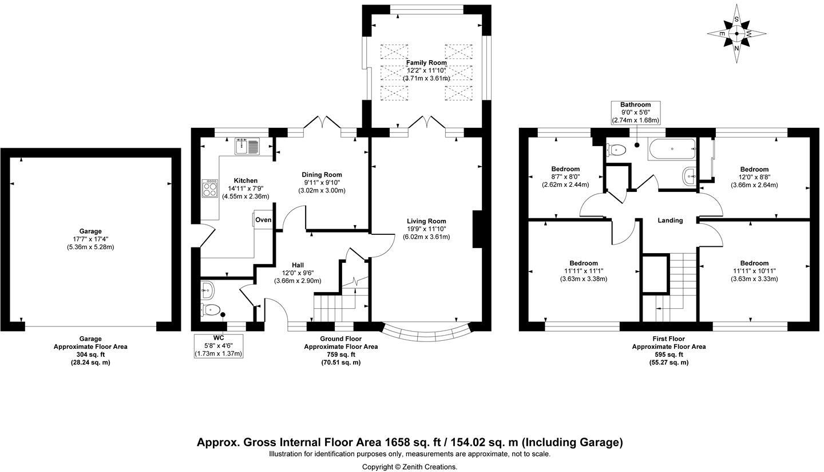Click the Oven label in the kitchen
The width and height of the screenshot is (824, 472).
pos(263,220)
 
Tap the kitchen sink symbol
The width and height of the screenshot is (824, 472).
pos(247,146)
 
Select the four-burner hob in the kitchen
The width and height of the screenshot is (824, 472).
pos(209,188)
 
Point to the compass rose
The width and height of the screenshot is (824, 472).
pos(736,33)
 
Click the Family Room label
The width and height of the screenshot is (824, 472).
pos(426,62)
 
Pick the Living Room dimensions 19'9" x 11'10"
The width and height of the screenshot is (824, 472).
pos(426,229)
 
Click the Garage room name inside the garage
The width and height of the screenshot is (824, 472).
pos(90,231)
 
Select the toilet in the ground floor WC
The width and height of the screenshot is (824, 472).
pos(210,310)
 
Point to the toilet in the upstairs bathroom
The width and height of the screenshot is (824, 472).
pos(616,150)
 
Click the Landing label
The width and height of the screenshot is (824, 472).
pos(670,220)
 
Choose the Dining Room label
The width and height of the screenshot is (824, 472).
pos(322,175)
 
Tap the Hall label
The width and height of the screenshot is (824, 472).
pos(298,265)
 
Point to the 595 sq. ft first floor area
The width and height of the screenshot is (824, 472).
pos(669,355)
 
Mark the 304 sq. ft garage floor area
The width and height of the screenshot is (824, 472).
pos(90,355)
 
